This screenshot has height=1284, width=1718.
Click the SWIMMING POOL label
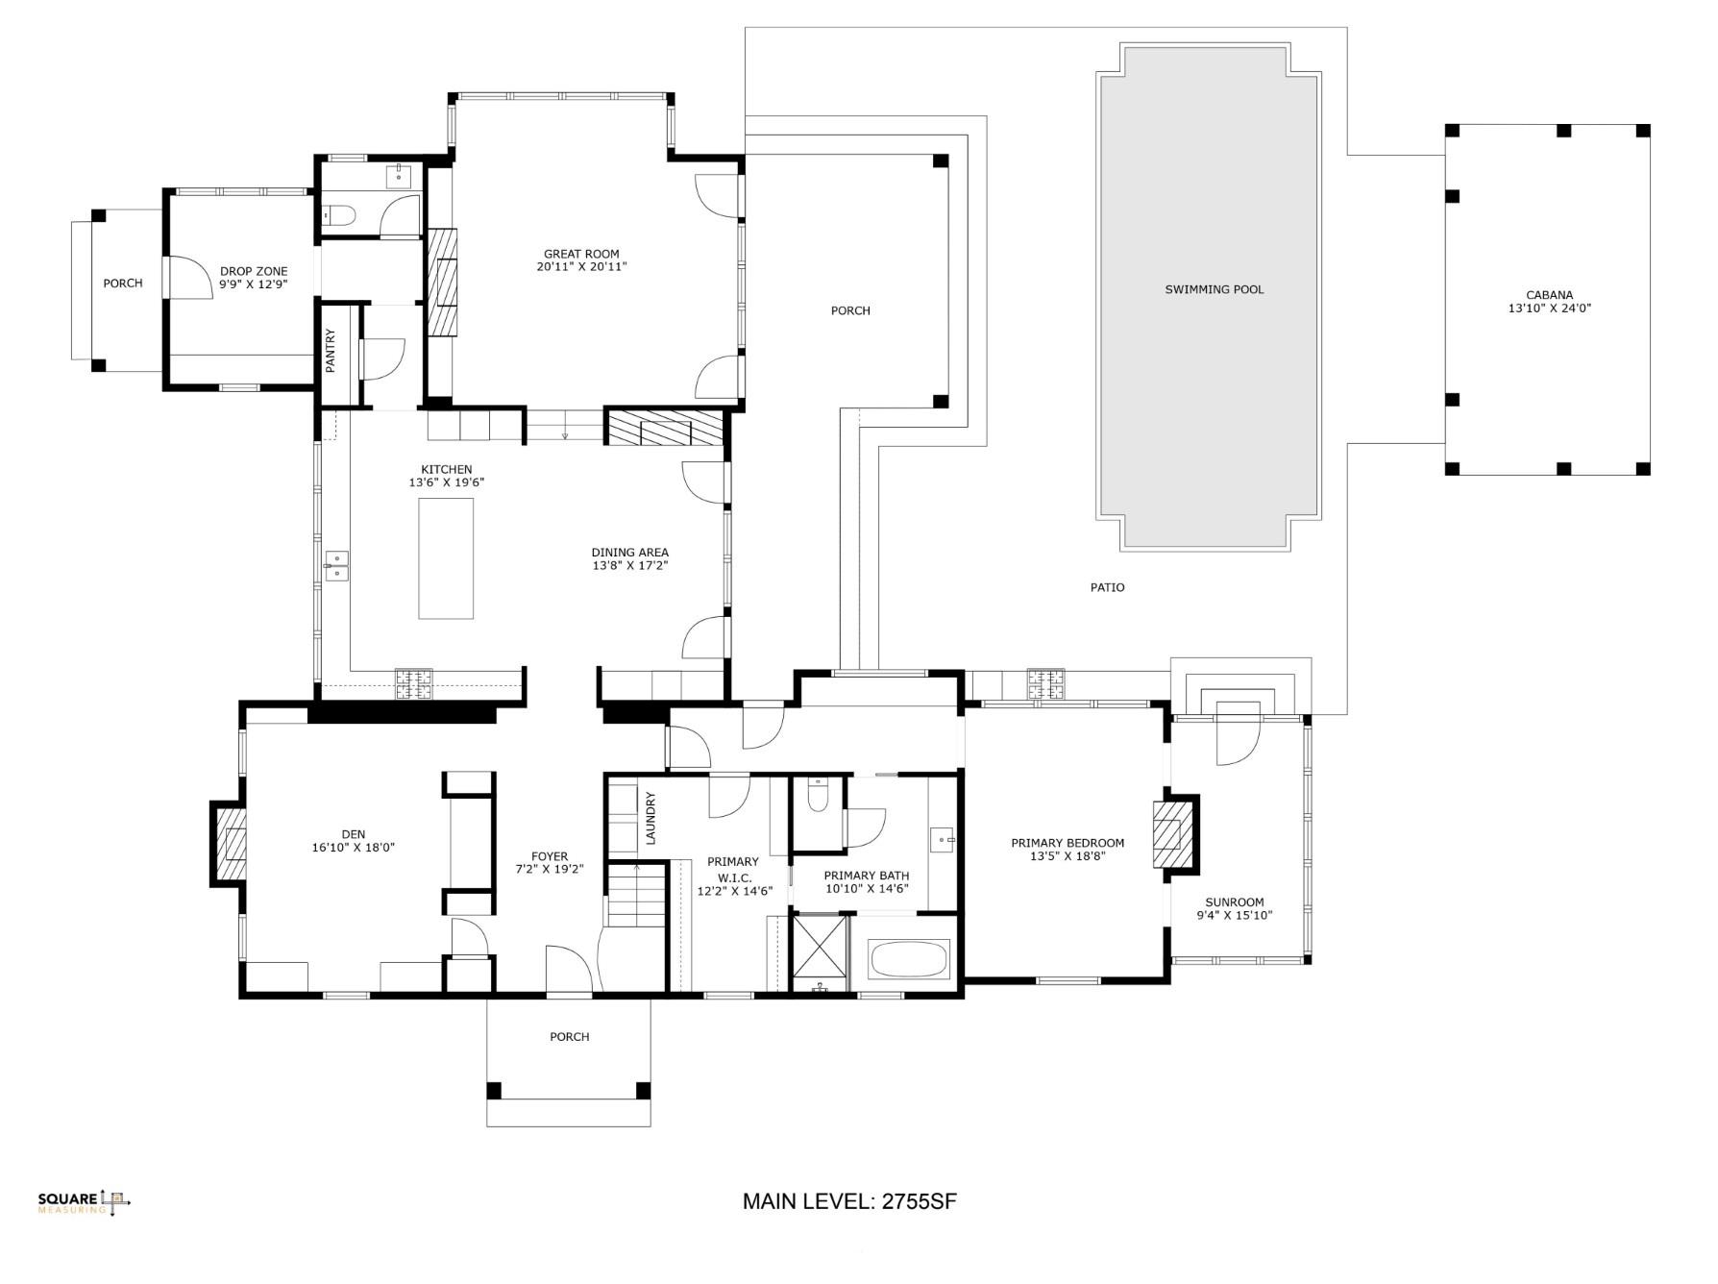(1214, 289)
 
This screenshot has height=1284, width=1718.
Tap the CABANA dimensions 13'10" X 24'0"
(1549, 309)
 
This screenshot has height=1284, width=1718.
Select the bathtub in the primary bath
(908, 958)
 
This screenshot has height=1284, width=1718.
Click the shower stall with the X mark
(820, 948)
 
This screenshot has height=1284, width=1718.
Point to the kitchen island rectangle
(446, 557)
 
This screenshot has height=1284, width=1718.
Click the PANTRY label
(331, 351)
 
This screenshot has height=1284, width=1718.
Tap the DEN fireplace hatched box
(231, 844)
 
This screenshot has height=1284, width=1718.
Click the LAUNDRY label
(650, 818)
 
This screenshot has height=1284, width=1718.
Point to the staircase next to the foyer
(636, 894)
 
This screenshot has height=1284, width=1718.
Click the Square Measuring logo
(84, 1202)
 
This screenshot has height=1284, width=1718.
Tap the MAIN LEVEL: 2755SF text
(849, 1201)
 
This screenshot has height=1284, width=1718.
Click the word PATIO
(1107, 587)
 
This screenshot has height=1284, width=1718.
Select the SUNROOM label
(1234, 901)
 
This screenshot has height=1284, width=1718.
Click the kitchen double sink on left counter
(336, 565)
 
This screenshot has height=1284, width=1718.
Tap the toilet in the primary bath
(817, 796)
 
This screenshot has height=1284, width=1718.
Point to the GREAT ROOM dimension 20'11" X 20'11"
(581, 267)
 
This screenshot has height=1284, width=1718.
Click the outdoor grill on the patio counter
(1045, 683)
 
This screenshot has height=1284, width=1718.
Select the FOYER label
(550, 856)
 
